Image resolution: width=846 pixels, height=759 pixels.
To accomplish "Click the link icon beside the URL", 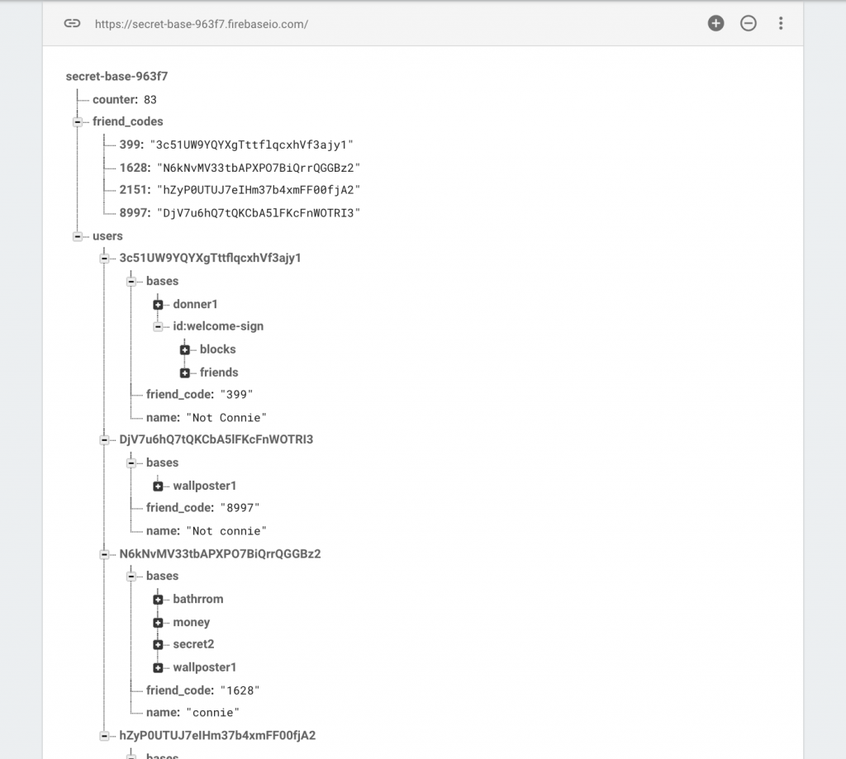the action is point(73,23).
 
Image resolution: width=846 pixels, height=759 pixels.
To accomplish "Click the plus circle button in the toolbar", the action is point(716,23).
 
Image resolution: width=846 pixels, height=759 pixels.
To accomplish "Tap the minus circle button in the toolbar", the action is point(749,23).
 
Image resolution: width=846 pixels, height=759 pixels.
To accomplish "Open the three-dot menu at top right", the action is point(781,23).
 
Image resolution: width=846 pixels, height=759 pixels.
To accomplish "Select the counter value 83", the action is point(150,100).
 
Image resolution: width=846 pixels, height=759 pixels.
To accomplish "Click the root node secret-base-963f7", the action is point(116,77).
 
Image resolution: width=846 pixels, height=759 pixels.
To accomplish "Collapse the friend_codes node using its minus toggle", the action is point(78,122).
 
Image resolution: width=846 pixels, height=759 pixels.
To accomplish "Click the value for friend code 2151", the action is point(259,190).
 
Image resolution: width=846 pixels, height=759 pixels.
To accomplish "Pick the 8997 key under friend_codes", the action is point(133,213).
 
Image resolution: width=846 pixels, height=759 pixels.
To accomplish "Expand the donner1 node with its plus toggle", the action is point(158,305).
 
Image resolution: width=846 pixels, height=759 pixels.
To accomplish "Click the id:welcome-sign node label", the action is point(218,326).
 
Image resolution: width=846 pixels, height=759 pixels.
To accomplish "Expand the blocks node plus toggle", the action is point(184,350).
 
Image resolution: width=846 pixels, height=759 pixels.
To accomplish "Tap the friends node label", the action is point(218,372).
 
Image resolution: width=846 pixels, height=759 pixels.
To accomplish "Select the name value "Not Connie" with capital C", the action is point(226,418).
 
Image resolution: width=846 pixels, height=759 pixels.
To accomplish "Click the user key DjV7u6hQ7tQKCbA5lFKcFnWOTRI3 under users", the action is point(216,439).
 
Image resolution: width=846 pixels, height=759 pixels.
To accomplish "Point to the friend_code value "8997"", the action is point(240,508).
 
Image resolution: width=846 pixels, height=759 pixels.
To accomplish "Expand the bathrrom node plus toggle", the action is point(158,600).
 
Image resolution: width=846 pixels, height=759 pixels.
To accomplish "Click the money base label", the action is point(191,623).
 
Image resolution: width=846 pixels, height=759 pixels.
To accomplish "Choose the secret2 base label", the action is point(193,645).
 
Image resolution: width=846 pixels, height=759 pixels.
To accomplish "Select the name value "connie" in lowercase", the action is point(212,713).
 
